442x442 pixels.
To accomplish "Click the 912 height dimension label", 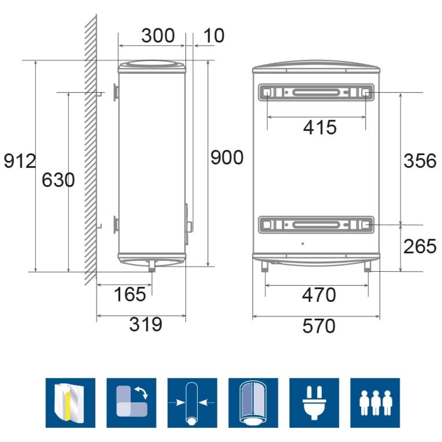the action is pyautogui.click(x=20, y=161).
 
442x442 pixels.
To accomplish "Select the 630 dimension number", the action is pyautogui.click(x=58, y=180).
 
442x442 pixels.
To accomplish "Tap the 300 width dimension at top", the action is pyautogui.click(x=158, y=35).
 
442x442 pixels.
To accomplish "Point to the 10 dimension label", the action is pyautogui.click(x=213, y=35).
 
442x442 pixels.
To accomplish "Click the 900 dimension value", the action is pyautogui.click(x=227, y=157).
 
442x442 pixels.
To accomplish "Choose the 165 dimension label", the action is pyautogui.click(x=130, y=294).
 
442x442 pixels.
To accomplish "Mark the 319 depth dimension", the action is pyautogui.click(x=146, y=324).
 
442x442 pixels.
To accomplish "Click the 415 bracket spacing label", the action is pyautogui.click(x=320, y=127).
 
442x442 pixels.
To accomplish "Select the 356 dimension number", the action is pyautogui.click(x=420, y=161).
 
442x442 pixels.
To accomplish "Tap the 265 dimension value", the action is pyautogui.click(x=420, y=246).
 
